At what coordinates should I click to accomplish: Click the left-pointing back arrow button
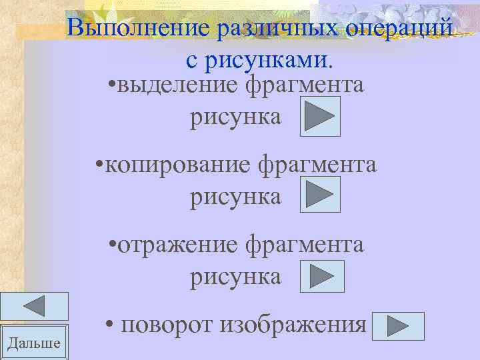pos(34,306)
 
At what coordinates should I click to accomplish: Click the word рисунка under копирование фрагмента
pos(236,197)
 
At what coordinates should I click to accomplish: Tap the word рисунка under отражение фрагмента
pos(236,275)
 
